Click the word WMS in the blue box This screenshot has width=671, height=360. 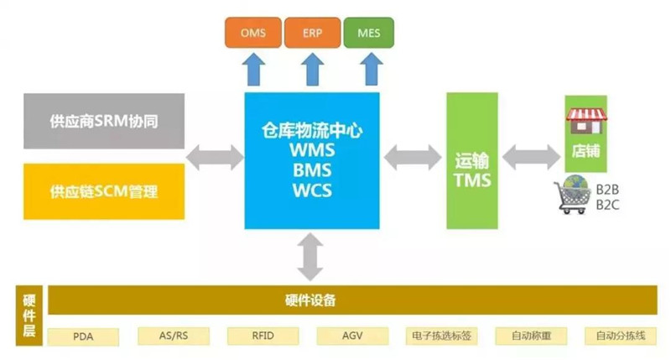(x=311, y=151)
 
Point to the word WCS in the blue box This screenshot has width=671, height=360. (x=311, y=190)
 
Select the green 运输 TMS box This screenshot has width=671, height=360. (x=471, y=160)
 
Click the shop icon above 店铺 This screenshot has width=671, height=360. (x=586, y=121)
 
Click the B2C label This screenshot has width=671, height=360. (x=606, y=204)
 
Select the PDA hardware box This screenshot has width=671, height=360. (x=83, y=337)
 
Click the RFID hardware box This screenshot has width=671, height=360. (x=263, y=337)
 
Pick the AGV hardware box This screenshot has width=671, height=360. (x=351, y=337)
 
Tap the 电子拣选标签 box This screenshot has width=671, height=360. (x=442, y=337)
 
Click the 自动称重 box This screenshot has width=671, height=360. (x=532, y=337)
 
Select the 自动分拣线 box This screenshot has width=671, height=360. (x=621, y=337)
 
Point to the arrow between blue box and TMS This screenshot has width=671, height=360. (x=412, y=156)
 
